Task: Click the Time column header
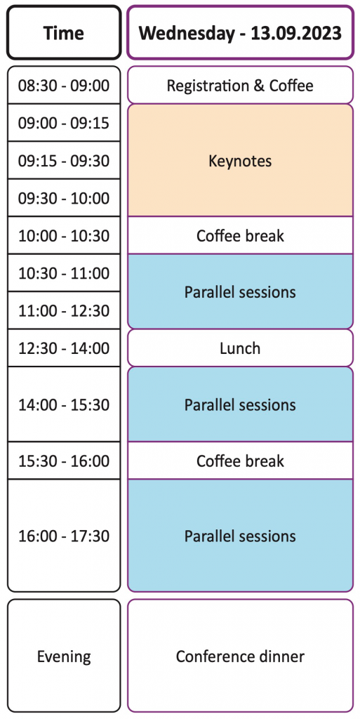[64, 32]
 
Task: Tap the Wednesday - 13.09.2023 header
[241, 32]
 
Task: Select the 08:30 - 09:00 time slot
[64, 85]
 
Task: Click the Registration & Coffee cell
[241, 85]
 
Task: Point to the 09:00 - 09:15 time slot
[64, 123]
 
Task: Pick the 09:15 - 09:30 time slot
[64, 161]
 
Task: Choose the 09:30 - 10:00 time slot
[64, 198]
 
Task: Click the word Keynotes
[241, 161]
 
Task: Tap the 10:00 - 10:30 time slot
[64, 236]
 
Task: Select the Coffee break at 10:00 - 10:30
[241, 236]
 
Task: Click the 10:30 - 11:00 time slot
[64, 273]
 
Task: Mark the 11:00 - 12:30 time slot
[64, 311]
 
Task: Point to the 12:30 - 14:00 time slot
[64, 348]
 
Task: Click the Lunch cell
[241, 348]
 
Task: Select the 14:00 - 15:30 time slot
[64, 405]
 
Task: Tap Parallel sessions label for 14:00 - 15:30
[241, 405]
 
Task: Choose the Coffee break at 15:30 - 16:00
[241, 461]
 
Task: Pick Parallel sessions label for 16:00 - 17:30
[241, 536]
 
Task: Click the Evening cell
[64, 657]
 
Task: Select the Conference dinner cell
[241, 657]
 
